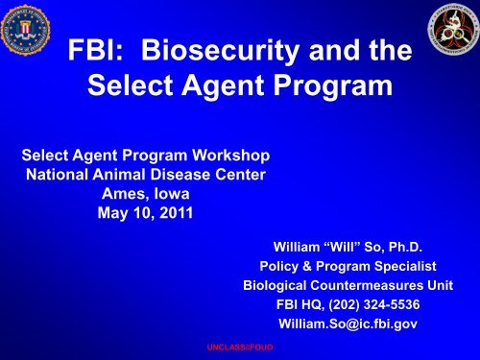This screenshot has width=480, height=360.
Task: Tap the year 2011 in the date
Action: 172,211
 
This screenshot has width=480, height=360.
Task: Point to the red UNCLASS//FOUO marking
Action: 228,352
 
